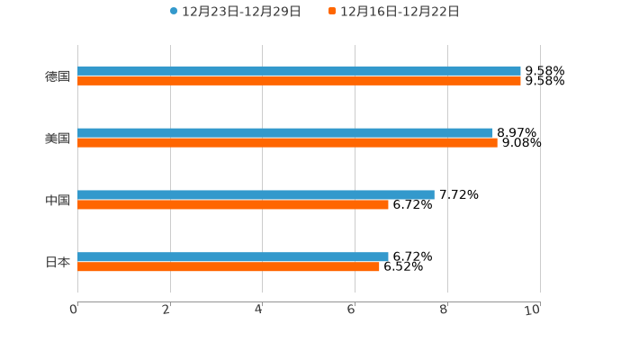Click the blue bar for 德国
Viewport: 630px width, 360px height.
299,70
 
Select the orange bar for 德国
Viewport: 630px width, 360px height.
299,80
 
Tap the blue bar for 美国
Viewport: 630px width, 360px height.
285,132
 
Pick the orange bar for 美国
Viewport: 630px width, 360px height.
287,142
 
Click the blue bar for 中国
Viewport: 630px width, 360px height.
256,194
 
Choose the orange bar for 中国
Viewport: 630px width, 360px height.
233,204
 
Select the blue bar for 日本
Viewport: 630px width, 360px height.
233,256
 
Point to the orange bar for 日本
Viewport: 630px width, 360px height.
229,266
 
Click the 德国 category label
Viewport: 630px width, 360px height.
58,76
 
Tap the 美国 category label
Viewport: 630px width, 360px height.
58,138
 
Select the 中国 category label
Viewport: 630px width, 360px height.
58,200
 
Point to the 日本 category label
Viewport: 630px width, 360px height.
58,262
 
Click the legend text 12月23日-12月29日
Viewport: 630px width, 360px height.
241,12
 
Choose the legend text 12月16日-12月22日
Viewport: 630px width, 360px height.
400,12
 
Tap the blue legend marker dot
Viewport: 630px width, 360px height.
174,12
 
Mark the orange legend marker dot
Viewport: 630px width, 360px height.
332,12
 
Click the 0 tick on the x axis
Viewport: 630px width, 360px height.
74,310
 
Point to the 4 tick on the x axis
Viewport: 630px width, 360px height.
259,310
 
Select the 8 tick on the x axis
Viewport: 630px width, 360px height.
445,310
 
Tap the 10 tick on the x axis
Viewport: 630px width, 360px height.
533,310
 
